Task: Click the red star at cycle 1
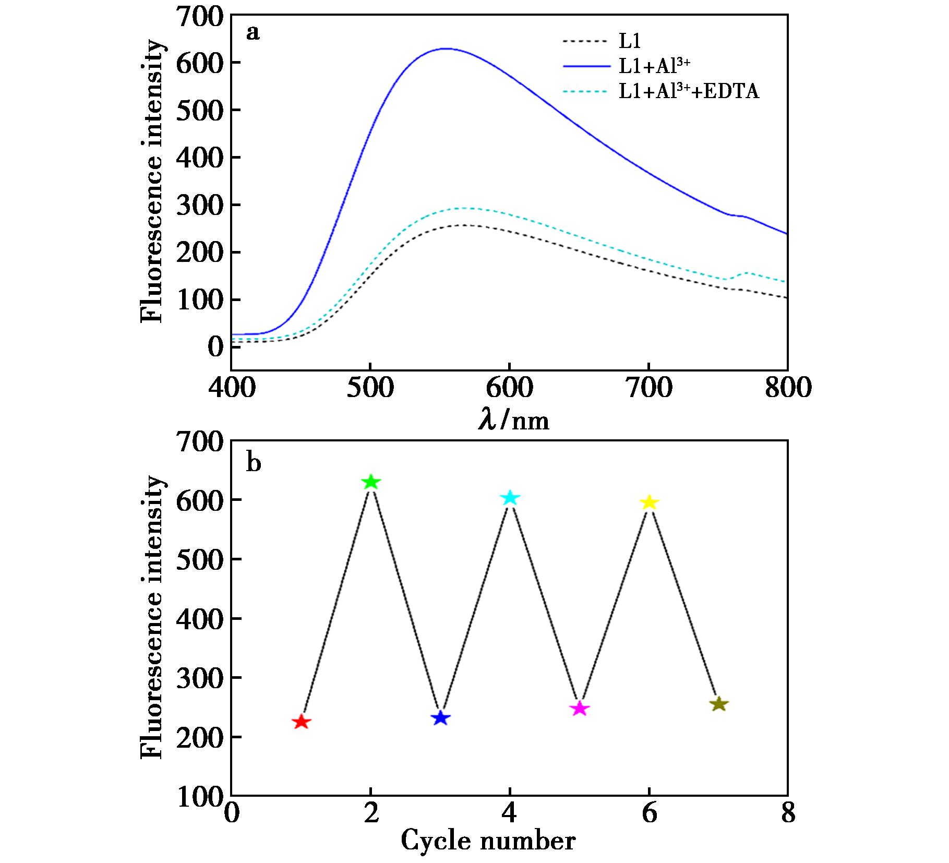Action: tap(301, 722)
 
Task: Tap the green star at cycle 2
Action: tap(370, 482)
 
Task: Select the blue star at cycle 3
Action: tap(441, 718)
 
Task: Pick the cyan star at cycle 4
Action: tap(510, 498)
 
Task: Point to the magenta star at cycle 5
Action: tap(580, 709)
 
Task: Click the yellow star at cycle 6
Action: tap(649, 502)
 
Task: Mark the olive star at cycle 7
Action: tap(718, 704)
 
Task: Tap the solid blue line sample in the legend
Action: tap(586, 66)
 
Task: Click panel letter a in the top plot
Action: tap(253, 33)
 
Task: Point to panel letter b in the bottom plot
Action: tap(253, 463)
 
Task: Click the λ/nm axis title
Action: tap(514, 421)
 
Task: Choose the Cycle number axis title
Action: tap(488, 841)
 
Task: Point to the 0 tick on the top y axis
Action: tap(214, 347)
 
